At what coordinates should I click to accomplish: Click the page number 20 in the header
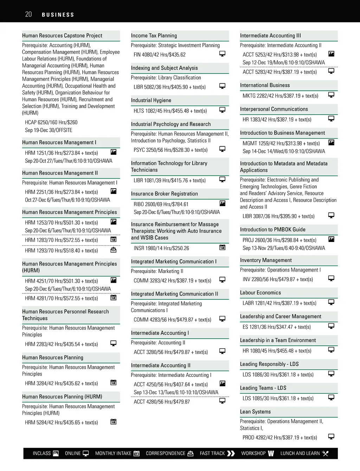tap(28, 14)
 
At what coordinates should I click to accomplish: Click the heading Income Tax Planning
tap(154, 36)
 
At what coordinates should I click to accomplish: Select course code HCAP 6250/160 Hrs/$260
tap(51, 122)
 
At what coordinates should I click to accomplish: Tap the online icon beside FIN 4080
tap(222, 54)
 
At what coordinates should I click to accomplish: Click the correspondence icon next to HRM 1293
tap(114, 250)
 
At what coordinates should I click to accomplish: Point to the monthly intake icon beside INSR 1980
tap(222, 247)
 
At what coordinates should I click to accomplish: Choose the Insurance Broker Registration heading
tap(164, 194)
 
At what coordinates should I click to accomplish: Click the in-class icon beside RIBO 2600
tap(222, 203)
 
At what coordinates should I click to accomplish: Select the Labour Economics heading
tap(260, 293)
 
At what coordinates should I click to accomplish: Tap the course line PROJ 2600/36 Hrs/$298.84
tap(279, 240)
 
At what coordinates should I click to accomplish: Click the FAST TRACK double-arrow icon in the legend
tap(231, 453)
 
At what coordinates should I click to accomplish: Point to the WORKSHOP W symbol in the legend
tap(271, 453)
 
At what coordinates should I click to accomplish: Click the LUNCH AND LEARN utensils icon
tap(325, 453)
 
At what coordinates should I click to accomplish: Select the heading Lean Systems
tap(255, 412)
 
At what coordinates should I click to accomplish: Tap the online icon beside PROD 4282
tap(331, 437)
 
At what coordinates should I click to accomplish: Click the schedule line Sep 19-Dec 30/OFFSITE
tap(49, 130)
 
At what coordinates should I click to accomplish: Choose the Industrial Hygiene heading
tap(151, 100)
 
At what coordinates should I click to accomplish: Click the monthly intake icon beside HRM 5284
tap(114, 422)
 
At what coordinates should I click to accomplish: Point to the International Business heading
tap(265, 85)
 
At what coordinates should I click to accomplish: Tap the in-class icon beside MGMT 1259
tap(331, 142)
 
